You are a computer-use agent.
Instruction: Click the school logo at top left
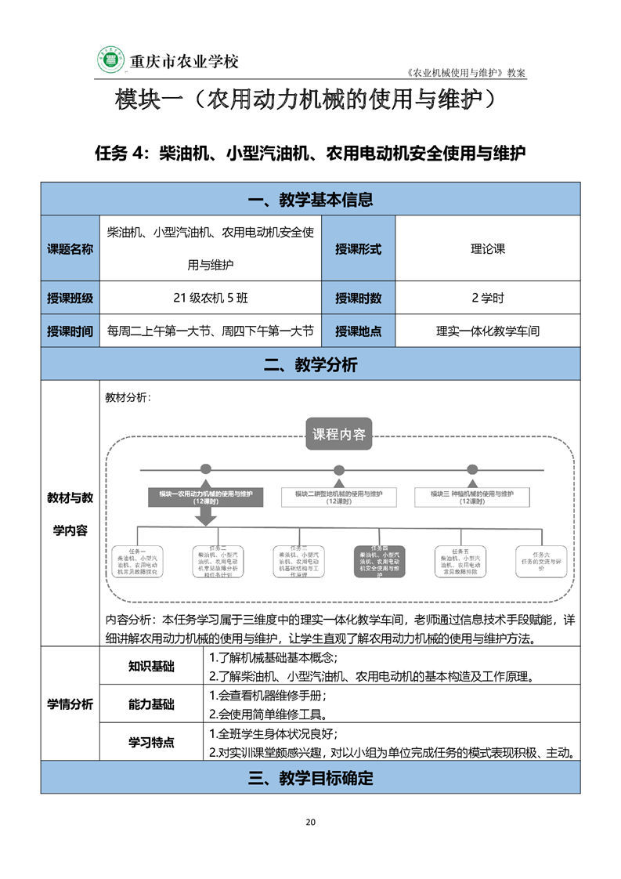(112, 60)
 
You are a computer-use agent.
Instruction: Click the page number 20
(310, 822)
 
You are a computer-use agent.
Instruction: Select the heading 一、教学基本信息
(310, 200)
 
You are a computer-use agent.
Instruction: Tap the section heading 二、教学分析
(310, 364)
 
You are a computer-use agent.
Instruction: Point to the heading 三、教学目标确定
(310, 778)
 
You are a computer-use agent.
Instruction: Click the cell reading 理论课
(488, 249)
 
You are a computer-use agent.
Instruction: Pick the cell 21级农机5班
(211, 298)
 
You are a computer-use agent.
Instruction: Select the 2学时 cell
(488, 298)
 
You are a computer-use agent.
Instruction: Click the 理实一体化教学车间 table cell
(488, 331)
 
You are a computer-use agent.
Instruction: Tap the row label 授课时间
(70, 331)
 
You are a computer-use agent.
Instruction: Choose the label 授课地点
(358, 331)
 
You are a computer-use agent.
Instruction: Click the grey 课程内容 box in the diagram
(338, 434)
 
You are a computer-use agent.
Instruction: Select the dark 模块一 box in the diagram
(206, 497)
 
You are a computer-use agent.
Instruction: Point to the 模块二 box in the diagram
(339, 497)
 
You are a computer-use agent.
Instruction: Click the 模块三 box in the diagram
(471, 497)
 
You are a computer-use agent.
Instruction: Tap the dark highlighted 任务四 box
(379, 562)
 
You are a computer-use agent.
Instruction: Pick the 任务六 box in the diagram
(541, 560)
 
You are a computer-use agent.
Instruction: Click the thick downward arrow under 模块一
(206, 516)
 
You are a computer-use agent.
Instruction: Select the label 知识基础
(151, 667)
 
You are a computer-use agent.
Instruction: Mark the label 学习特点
(151, 742)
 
